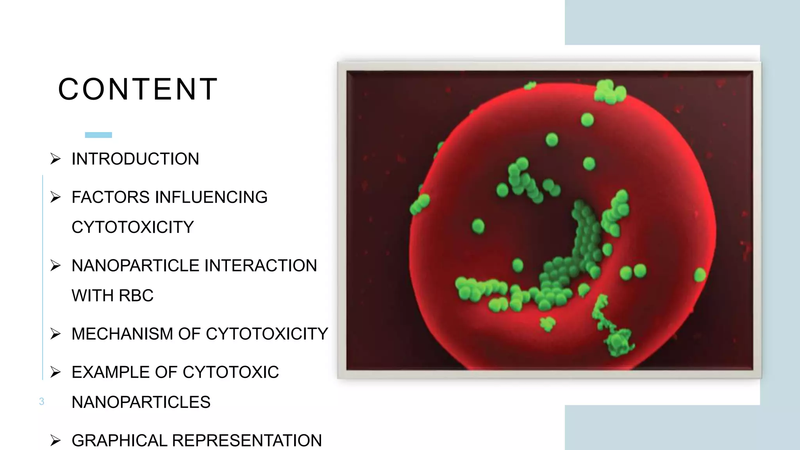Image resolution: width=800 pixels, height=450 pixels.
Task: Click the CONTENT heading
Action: [137, 89]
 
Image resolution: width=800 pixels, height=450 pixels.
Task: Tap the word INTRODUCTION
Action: [135, 159]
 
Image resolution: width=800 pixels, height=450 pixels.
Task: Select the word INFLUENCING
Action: [211, 197]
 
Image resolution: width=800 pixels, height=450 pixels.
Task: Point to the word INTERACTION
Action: [261, 266]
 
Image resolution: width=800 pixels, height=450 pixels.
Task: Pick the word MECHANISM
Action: [122, 334]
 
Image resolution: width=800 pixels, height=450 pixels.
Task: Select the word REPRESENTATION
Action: [246, 441]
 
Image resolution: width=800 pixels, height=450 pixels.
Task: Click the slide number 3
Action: [42, 402]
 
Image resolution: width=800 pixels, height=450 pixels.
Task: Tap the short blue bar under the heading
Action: [98, 135]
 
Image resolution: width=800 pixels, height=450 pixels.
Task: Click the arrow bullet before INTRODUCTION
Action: [55, 159]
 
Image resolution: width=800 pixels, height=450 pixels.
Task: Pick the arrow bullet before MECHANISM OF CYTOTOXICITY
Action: [55, 334]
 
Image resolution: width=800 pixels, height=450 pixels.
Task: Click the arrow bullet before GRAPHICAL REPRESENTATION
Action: [55, 441]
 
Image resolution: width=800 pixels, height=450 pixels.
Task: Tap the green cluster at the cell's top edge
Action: [609, 92]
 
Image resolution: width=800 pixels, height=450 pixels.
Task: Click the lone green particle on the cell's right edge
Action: [700, 275]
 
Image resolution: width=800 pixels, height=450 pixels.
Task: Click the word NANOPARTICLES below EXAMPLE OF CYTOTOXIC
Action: [141, 402]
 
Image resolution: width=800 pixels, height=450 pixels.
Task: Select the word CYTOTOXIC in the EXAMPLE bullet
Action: [230, 372]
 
